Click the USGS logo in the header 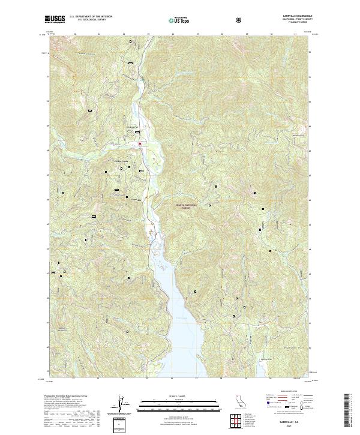pyautogui.click(x=55, y=20)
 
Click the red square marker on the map pyautogui.click(x=139, y=143)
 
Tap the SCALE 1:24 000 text pyautogui.click(x=175, y=395)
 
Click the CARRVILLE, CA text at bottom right pyautogui.click(x=287, y=418)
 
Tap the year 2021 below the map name pyautogui.click(x=287, y=423)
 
